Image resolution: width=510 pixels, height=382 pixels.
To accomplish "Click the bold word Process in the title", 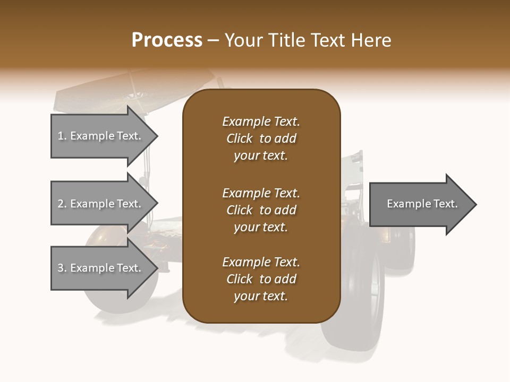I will click(167, 40).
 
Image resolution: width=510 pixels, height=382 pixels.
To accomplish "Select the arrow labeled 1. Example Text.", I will click(101, 136).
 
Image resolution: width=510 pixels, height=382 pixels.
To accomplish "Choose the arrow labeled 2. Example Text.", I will click(101, 204).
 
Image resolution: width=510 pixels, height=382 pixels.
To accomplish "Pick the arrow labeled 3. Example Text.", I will click(101, 268).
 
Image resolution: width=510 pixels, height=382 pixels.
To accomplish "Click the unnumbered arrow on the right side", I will click(420, 204).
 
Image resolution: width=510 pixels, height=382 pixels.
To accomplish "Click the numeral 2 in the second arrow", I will click(61, 204).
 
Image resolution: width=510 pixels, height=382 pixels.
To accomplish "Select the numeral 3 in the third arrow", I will click(61, 268).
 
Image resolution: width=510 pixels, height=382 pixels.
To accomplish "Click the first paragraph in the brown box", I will click(261, 138).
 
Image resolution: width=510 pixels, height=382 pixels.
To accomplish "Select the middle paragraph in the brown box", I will click(261, 210).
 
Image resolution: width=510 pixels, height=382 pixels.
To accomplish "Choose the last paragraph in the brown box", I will click(261, 279).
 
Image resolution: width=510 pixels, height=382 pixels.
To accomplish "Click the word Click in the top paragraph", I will click(240, 138).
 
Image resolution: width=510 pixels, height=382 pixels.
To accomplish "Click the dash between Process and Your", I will click(214, 41).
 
